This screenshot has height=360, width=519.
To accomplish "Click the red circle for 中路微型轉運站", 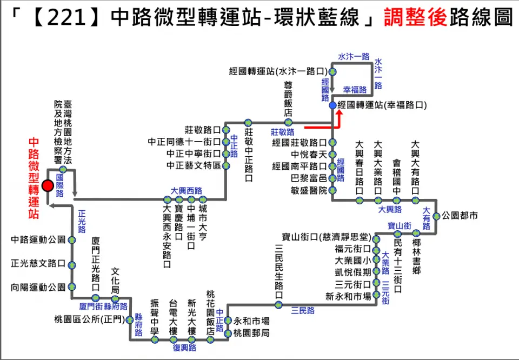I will [x=48, y=186].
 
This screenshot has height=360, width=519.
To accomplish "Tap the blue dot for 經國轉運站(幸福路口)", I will [x=332, y=105].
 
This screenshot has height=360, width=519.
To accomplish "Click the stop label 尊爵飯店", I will [x=288, y=99].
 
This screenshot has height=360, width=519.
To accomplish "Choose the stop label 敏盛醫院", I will [x=309, y=190].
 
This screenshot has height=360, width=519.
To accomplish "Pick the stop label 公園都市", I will [x=460, y=216].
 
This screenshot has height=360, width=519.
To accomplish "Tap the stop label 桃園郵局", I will [x=251, y=333].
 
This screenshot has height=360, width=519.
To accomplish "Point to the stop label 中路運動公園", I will [x=38, y=239].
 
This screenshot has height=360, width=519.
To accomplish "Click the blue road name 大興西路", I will [x=186, y=190].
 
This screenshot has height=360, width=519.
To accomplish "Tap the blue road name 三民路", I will [x=303, y=310].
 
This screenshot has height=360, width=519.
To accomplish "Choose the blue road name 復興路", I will [x=184, y=348].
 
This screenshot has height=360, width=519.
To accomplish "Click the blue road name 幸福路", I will [x=355, y=90].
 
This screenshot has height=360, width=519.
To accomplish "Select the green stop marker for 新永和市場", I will [x=376, y=296].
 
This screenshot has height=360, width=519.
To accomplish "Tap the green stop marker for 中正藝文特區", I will [x=225, y=166].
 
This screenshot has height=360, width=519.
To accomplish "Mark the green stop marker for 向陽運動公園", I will [x=71, y=288].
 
